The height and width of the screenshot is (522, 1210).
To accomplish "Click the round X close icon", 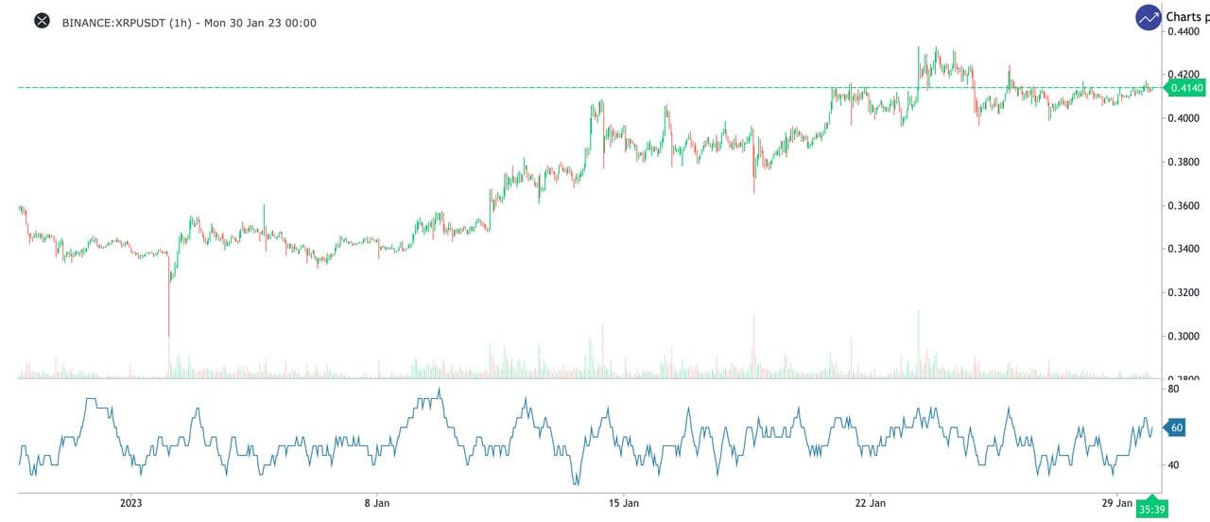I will click(x=42, y=21).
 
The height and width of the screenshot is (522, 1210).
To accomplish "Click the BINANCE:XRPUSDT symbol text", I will click(x=113, y=22).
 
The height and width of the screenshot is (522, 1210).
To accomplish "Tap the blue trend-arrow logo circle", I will click(x=1149, y=17).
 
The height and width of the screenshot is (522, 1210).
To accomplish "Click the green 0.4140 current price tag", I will click(x=1184, y=88).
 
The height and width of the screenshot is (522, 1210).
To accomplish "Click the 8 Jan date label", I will click(x=377, y=503).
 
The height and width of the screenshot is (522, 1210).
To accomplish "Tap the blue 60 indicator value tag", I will click(x=1176, y=427).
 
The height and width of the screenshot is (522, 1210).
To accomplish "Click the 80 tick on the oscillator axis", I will click(x=1173, y=389).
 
